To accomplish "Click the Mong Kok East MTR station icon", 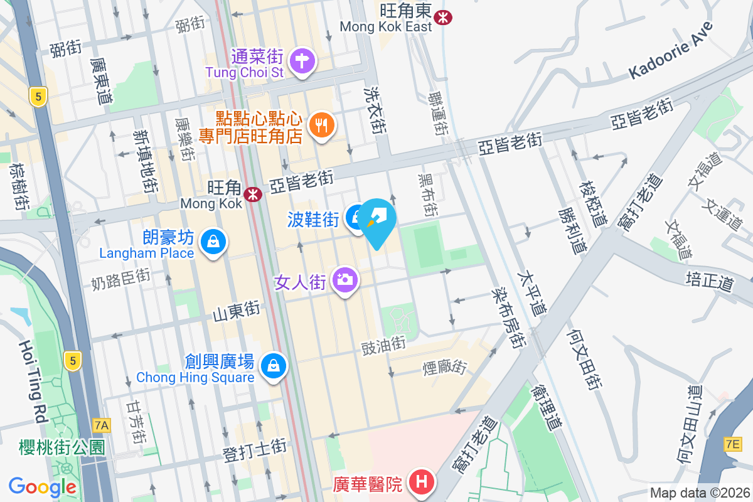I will [x=443, y=17].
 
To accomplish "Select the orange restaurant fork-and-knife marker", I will [x=322, y=125].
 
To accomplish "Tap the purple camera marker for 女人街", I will [x=344, y=280].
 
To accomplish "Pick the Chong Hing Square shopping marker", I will [x=274, y=365].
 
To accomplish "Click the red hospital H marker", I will [x=422, y=483].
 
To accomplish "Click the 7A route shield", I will [x=101, y=425].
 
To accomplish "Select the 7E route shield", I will [x=732, y=444].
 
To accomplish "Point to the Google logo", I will [x=43, y=486].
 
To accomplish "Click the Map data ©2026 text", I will [x=699, y=493].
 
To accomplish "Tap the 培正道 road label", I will [x=710, y=280].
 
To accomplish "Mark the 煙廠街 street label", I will [x=445, y=367].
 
